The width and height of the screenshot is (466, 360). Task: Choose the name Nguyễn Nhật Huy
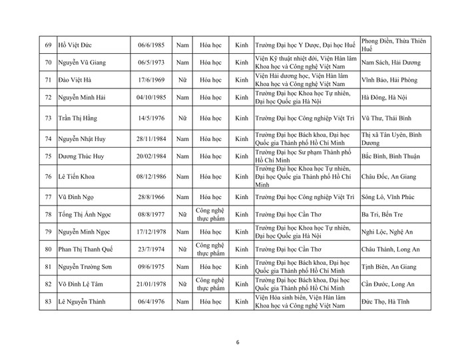[87, 139]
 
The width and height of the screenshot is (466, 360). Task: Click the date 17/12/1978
[150, 232]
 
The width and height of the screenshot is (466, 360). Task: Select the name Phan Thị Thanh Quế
[89, 249]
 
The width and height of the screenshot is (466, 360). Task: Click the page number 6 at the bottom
[238, 343]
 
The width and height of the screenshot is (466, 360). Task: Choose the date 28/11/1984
[150, 139]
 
